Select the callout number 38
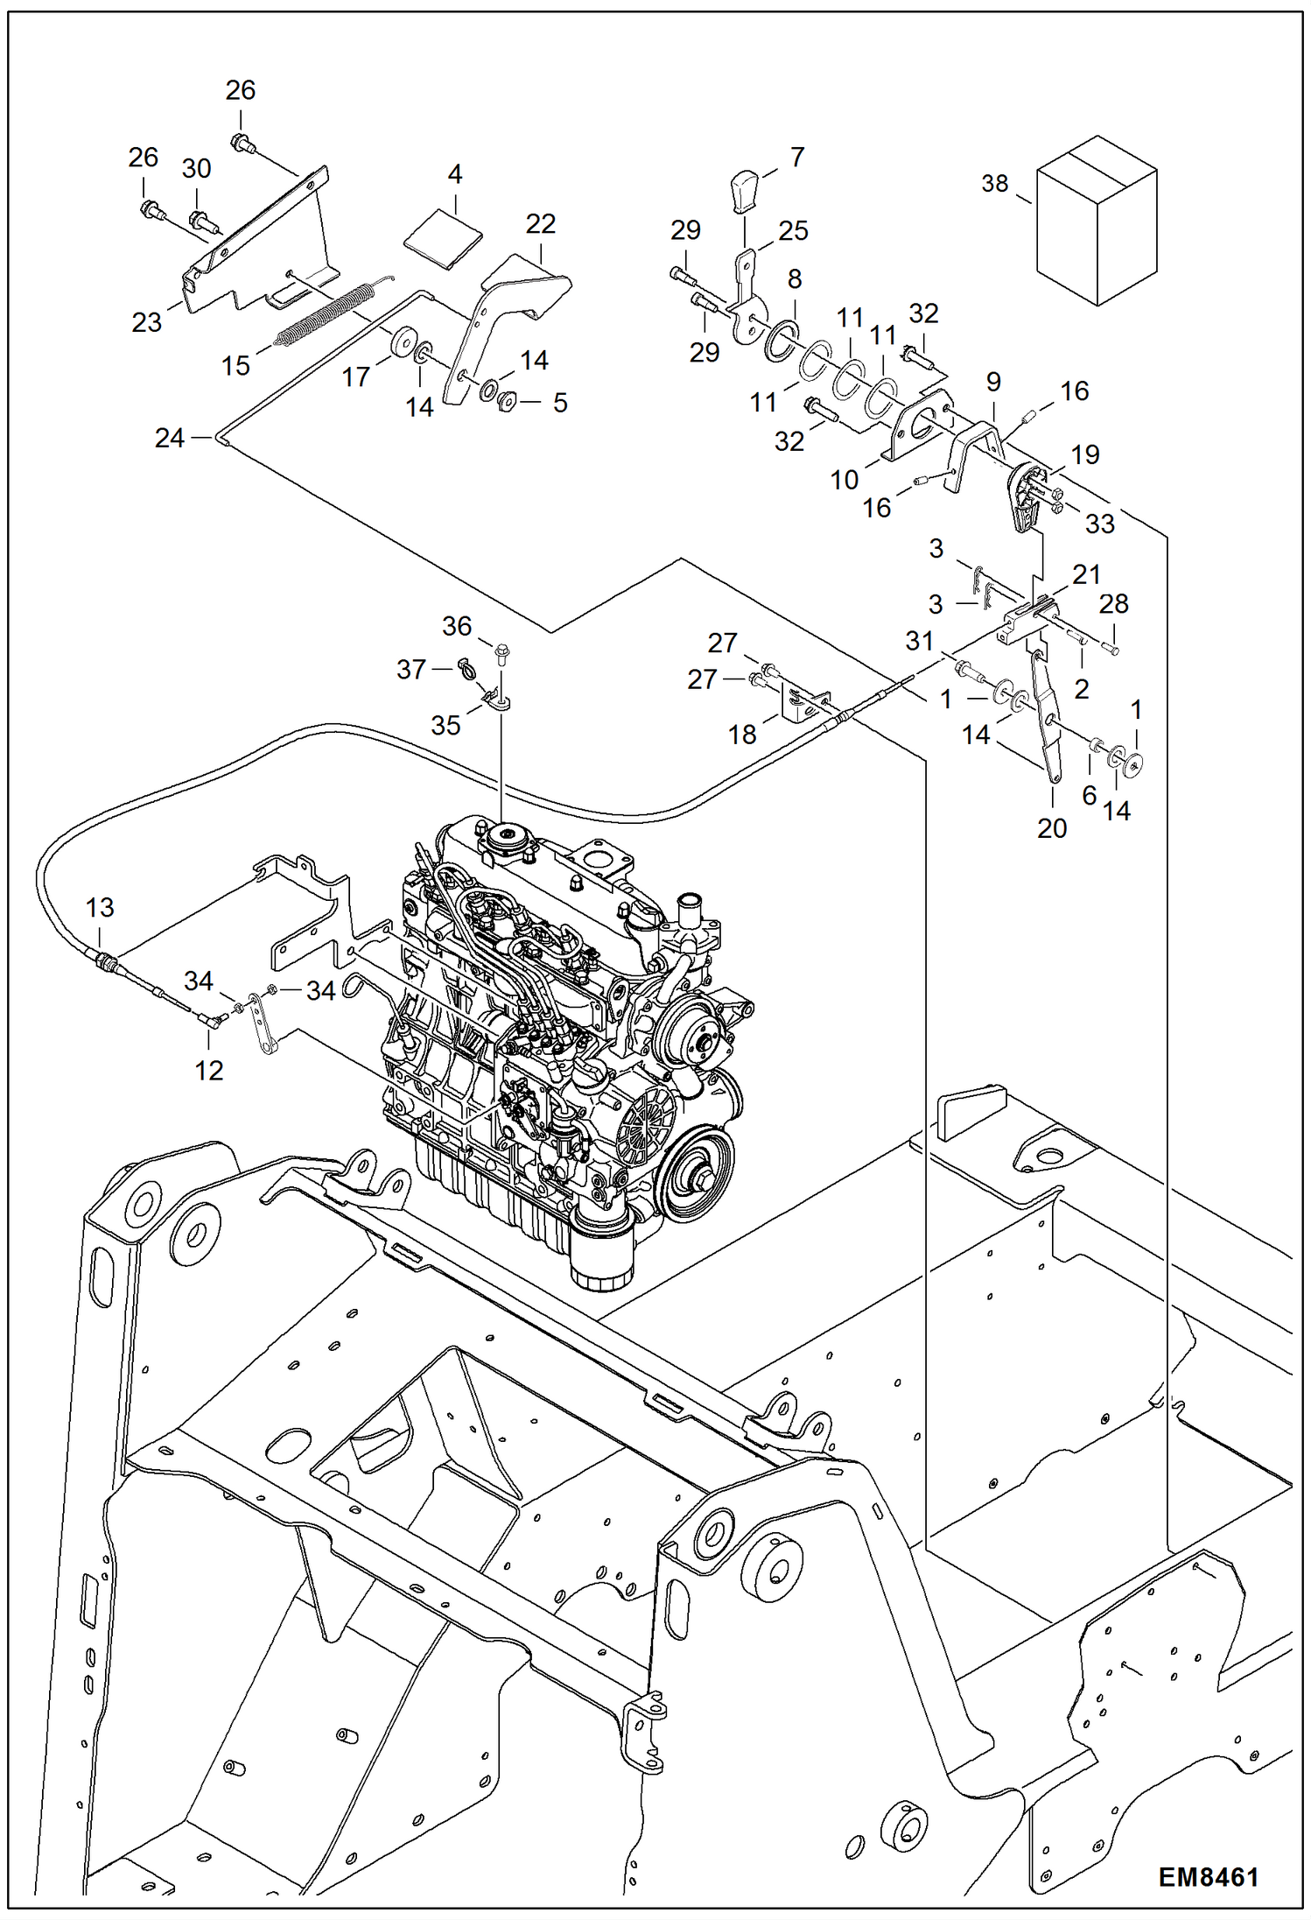(x=994, y=184)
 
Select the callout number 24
(x=169, y=438)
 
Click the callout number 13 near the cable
(x=100, y=908)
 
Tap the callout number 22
(x=540, y=224)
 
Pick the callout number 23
(x=147, y=322)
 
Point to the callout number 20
(x=1052, y=828)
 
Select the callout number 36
(x=457, y=626)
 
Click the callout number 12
(x=208, y=1070)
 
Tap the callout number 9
(x=992, y=382)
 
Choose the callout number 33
(x=1099, y=524)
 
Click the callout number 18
(x=742, y=735)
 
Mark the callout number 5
(x=560, y=403)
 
